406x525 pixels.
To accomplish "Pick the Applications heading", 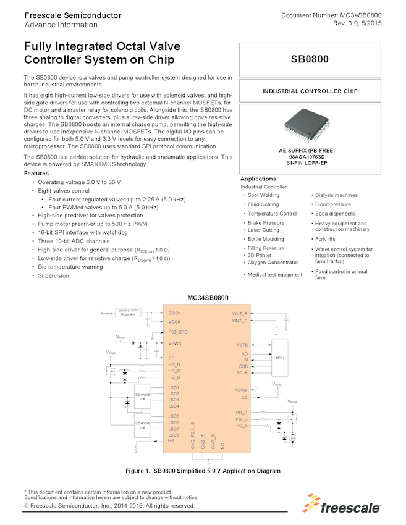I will click(x=258, y=178).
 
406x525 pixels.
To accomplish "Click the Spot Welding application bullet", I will click(x=263, y=195).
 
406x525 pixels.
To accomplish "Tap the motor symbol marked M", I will click(x=293, y=438).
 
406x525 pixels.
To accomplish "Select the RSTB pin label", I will click(x=242, y=344).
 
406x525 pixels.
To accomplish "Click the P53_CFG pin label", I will click(x=178, y=332).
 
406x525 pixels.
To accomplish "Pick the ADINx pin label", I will click(x=241, y=390).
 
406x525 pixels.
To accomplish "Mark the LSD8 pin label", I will click(x=174, y=435).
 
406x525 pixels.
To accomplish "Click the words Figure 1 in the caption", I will click(x=138, y=471).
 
